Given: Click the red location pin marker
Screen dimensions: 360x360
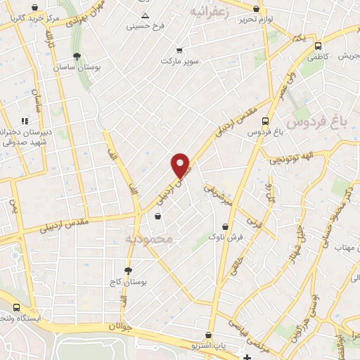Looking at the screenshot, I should pyautogui.click(x=181, y=165).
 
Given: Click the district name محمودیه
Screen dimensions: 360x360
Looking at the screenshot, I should pyautogui.click(x=149, y=240).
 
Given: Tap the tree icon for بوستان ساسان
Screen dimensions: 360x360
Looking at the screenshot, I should pyautogui.click(x=77, y=56).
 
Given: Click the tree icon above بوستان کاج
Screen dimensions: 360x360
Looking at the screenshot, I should pyautogui.click(x=128, y=271).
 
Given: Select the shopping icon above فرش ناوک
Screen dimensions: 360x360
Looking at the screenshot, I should pyautogui.click(x=225, y=227).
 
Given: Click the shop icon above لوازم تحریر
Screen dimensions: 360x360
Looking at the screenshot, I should pyautogui.click(x=255, y=9).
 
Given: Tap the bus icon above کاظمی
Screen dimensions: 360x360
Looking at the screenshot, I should pyautogui.click(x=319, y=44).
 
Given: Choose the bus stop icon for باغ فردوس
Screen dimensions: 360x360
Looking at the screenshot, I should pyautogui.click(x=265, y=121).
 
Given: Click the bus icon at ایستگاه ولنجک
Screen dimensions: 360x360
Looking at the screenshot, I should pyautogui.click(x=16, y=307).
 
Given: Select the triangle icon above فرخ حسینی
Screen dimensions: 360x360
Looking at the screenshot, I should pyautogui.click(x=145, y=15).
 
